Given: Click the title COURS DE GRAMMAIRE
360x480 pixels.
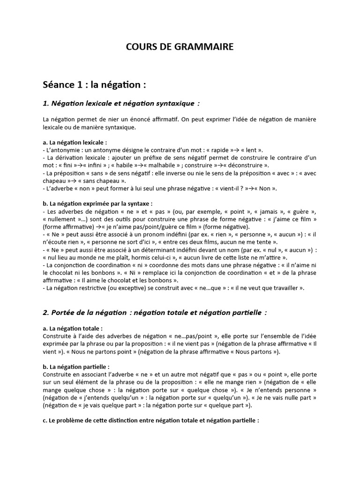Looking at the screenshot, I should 180,47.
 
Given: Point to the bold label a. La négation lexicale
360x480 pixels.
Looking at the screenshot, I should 75,142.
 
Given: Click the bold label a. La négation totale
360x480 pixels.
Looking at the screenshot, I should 73,329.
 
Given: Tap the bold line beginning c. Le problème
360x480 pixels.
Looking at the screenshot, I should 150,421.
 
